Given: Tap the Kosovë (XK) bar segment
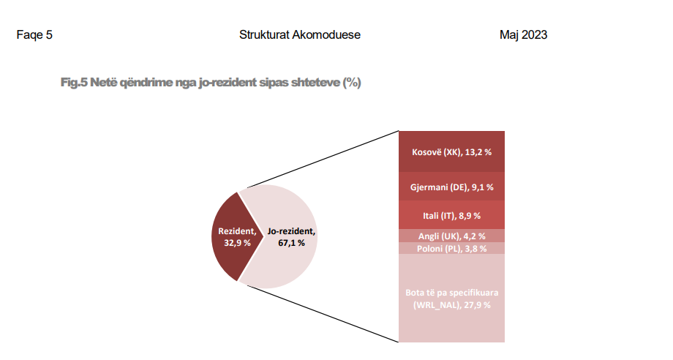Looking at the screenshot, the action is tap(451, 151).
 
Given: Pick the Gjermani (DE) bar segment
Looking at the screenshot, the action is tap(451, 187).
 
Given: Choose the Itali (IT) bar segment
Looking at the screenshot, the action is tap(451, 214).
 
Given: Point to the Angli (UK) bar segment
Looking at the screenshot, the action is tap(451, 236).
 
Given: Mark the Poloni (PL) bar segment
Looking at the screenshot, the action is tap(451, 248).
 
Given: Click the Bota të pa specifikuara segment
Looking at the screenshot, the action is tap(451, 298).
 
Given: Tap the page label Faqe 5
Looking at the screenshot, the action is tap(34, 34).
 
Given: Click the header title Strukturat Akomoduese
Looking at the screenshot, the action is tap(300, 34).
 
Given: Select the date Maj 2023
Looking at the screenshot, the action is tap(523, 34).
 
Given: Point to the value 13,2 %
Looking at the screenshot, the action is tap(478, 152).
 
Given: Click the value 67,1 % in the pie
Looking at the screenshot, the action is tap(291, 243).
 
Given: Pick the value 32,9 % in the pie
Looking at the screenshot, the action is tap(237, 243).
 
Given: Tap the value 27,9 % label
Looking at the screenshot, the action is tap(477, 305).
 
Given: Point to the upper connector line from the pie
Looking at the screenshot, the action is tap(323, 160).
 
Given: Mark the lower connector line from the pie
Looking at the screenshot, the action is tap(323, 314).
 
